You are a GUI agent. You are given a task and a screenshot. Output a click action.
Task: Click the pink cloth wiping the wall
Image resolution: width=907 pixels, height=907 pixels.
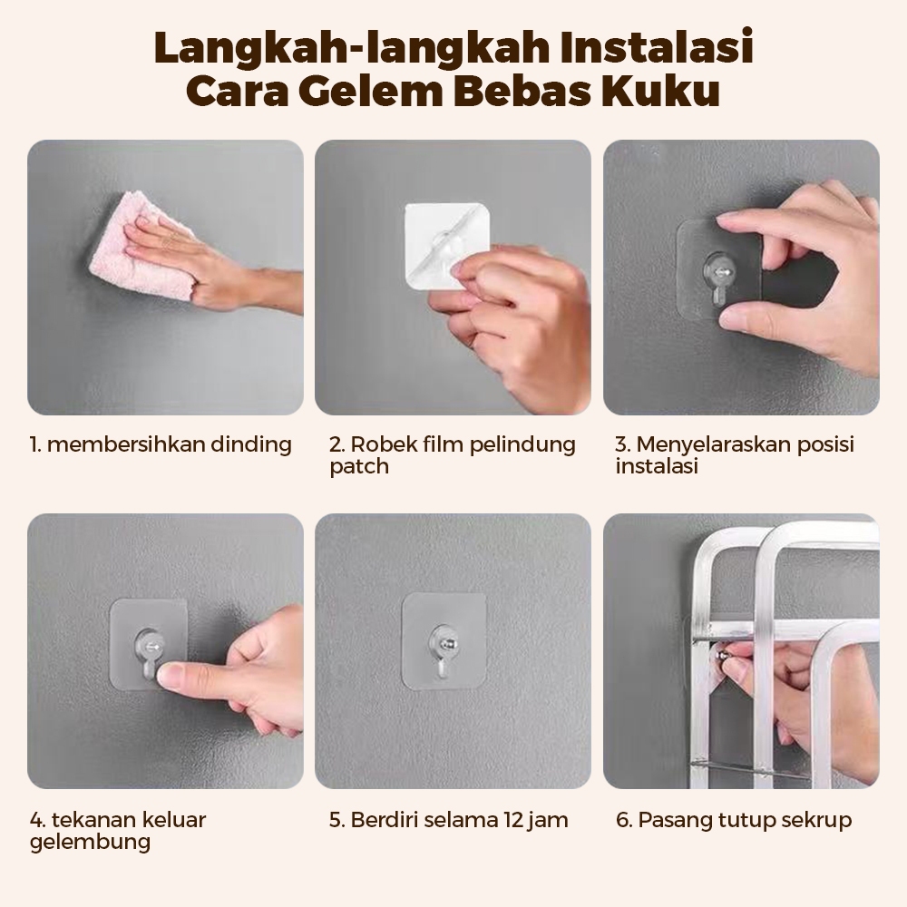tap(141, 247)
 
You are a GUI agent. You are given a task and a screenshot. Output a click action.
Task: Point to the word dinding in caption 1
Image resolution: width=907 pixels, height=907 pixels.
tap(251, 444)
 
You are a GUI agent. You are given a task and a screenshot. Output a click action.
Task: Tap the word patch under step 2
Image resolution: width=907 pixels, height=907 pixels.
tap(359, 467)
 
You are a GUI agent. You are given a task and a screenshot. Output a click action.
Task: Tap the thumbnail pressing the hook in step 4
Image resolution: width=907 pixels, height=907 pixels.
tap(171, 675)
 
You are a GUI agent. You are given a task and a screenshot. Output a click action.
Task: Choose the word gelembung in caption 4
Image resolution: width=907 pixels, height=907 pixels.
tap(90, 843)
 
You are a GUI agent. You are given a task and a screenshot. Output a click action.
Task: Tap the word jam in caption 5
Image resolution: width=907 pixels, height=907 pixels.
tap(549, 821)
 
